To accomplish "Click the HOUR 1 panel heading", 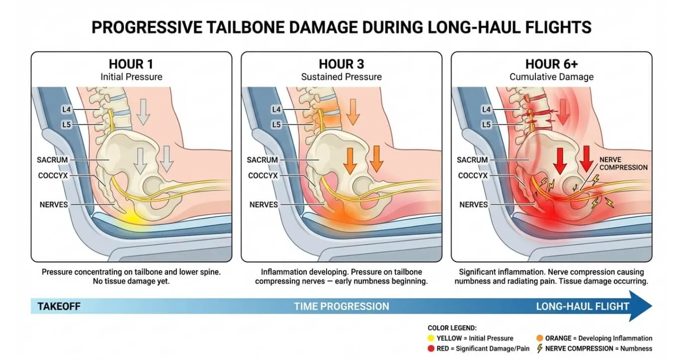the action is (x=131, y=64).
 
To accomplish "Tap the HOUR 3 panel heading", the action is (x=341, y=64).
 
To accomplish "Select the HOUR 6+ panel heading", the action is (x=552, y=64).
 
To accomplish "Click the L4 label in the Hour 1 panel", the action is (x=67, y=109).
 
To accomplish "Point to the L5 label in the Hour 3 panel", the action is (x=276, y=124).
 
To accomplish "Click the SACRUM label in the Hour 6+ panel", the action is (x=472, y=160).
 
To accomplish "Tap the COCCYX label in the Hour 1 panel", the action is (x=53, y=176).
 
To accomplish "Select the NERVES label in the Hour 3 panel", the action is (x=263, y=204).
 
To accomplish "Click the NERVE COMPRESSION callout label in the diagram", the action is (x=623, y=164).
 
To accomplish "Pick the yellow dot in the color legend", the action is (x=431, y=338).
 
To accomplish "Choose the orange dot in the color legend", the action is (x=540, y=338).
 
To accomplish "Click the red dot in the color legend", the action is (x=431, y=349).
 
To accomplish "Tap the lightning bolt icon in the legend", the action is (x=540, y=349).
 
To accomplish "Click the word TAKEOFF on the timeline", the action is (x=59, y=306).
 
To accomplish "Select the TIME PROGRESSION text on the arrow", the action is (x=341, y=306).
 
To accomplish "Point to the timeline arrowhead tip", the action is (x=652, y=306).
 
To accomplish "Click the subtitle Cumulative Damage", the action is (x=552, y=77).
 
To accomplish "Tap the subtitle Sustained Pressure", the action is (x=341, y=77).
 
